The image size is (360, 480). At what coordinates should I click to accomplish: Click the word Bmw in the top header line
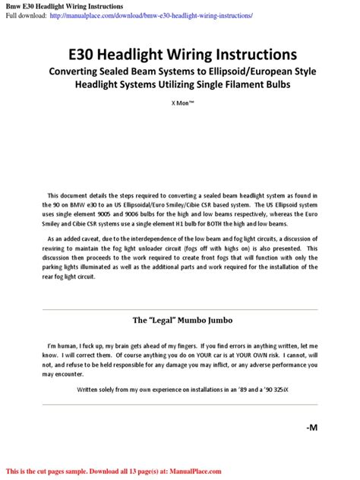coord(15,7)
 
